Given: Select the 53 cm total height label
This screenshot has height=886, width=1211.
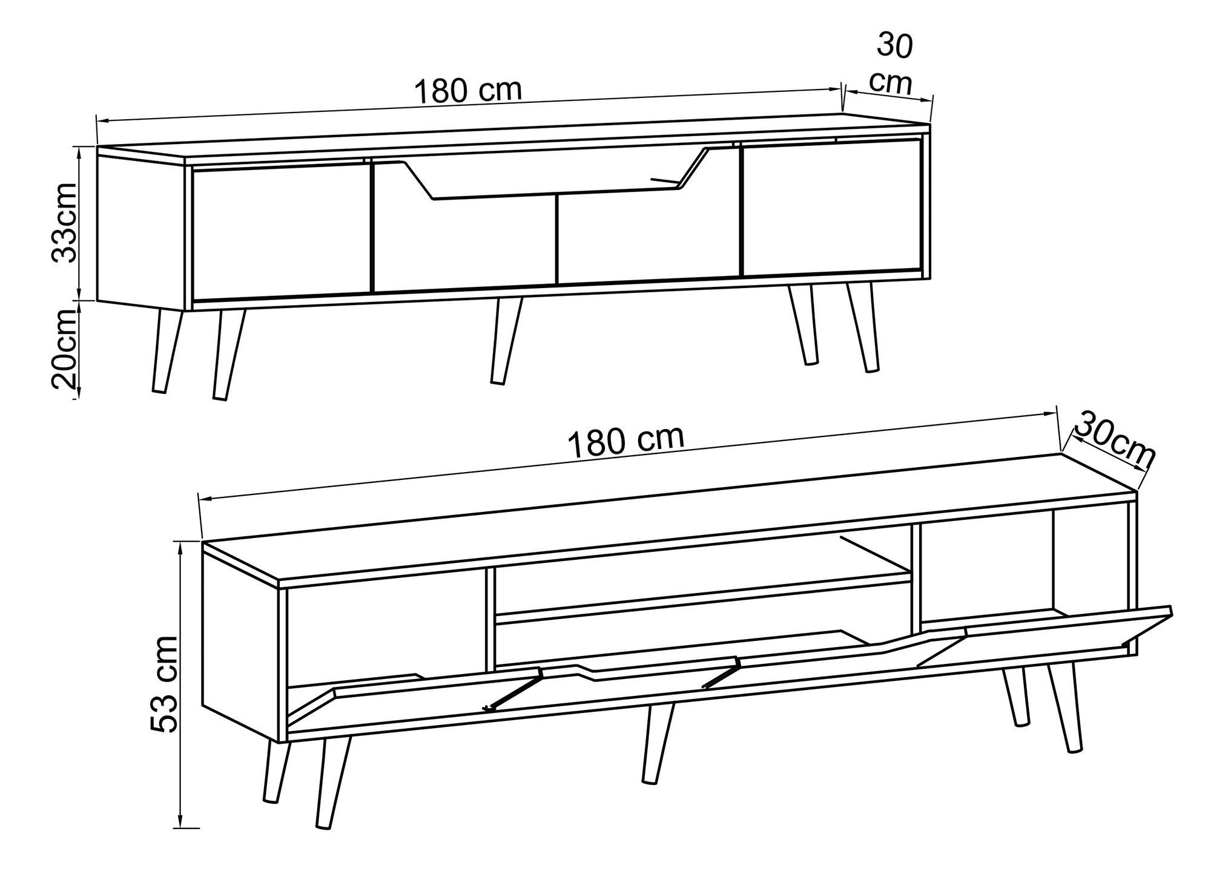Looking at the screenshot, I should (165, 683).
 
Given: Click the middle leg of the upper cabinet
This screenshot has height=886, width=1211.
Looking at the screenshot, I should (506, 340).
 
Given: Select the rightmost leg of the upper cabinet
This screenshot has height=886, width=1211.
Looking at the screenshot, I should (863, 327).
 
